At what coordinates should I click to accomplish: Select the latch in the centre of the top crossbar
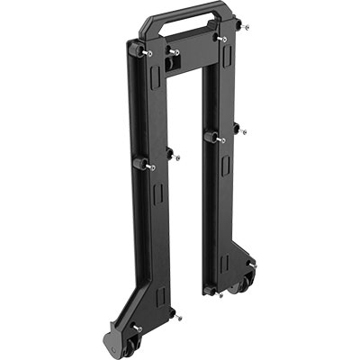[x=174, y=53]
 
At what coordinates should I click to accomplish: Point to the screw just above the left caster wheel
[x=137, y=327]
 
